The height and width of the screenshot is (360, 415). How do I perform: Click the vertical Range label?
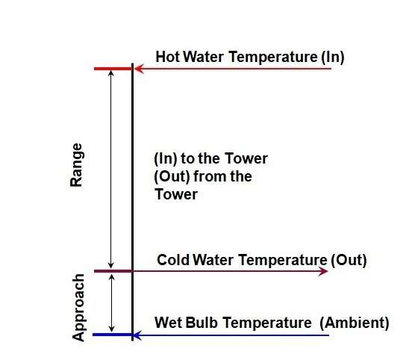76,165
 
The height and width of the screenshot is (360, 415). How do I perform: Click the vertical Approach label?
78,308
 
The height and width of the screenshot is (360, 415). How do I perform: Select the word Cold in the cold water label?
173,260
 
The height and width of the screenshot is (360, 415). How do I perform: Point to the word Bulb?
202,323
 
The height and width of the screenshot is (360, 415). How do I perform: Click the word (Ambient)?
355,323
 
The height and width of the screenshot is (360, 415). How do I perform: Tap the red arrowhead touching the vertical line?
139,69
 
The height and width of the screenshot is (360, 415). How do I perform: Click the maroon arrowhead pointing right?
323,271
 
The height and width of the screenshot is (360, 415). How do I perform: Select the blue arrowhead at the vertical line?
137,335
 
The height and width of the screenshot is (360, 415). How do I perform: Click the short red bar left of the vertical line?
113,69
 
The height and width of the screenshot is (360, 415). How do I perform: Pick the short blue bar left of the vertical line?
112,335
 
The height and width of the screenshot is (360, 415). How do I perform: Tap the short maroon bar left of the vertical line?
113,271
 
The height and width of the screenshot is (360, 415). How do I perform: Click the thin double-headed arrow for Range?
111,170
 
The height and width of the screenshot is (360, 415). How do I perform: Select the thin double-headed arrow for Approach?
112,303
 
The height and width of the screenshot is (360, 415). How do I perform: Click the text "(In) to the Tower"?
211,158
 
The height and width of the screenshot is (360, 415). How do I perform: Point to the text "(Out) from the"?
203,176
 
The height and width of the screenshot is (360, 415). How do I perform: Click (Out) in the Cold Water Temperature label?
349,260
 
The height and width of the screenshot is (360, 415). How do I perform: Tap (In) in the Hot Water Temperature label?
333,57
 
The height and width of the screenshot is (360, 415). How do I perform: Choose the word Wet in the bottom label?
169,323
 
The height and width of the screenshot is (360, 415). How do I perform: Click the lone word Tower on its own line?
176,194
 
